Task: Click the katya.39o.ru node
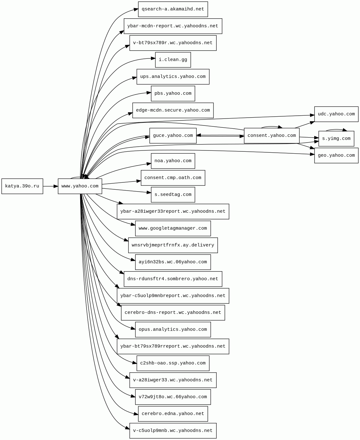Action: (x=22, y=186)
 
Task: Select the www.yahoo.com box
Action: (x=80, y=186)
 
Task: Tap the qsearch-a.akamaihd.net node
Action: (x=173, y=9)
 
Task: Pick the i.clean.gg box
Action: (x=173, y=60)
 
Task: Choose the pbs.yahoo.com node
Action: (x=173, y=94)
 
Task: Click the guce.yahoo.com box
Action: (x=173, y=136)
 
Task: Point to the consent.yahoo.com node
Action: (x=272, y=136)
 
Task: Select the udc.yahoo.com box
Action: (x=336, y=114)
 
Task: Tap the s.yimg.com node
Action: (x=336, y=139)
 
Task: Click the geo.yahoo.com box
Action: (x=336, y=156)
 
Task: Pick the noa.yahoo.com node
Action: (x=173, y=161)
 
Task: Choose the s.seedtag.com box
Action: (x=173, y=195)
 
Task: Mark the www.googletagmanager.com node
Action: (x=173, y=228)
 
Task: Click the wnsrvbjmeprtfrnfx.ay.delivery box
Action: (x=173, y=245)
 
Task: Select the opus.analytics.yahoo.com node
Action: (x=173, y=329)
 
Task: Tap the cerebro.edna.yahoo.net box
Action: (x=173, y=414)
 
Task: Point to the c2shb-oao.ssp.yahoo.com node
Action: (x=173, y=363)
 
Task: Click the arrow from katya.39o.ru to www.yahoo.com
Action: (x=51, y=186)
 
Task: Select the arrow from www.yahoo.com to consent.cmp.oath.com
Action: (x=122, y=182)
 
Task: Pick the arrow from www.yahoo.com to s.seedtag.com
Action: (x=126, y=191)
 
